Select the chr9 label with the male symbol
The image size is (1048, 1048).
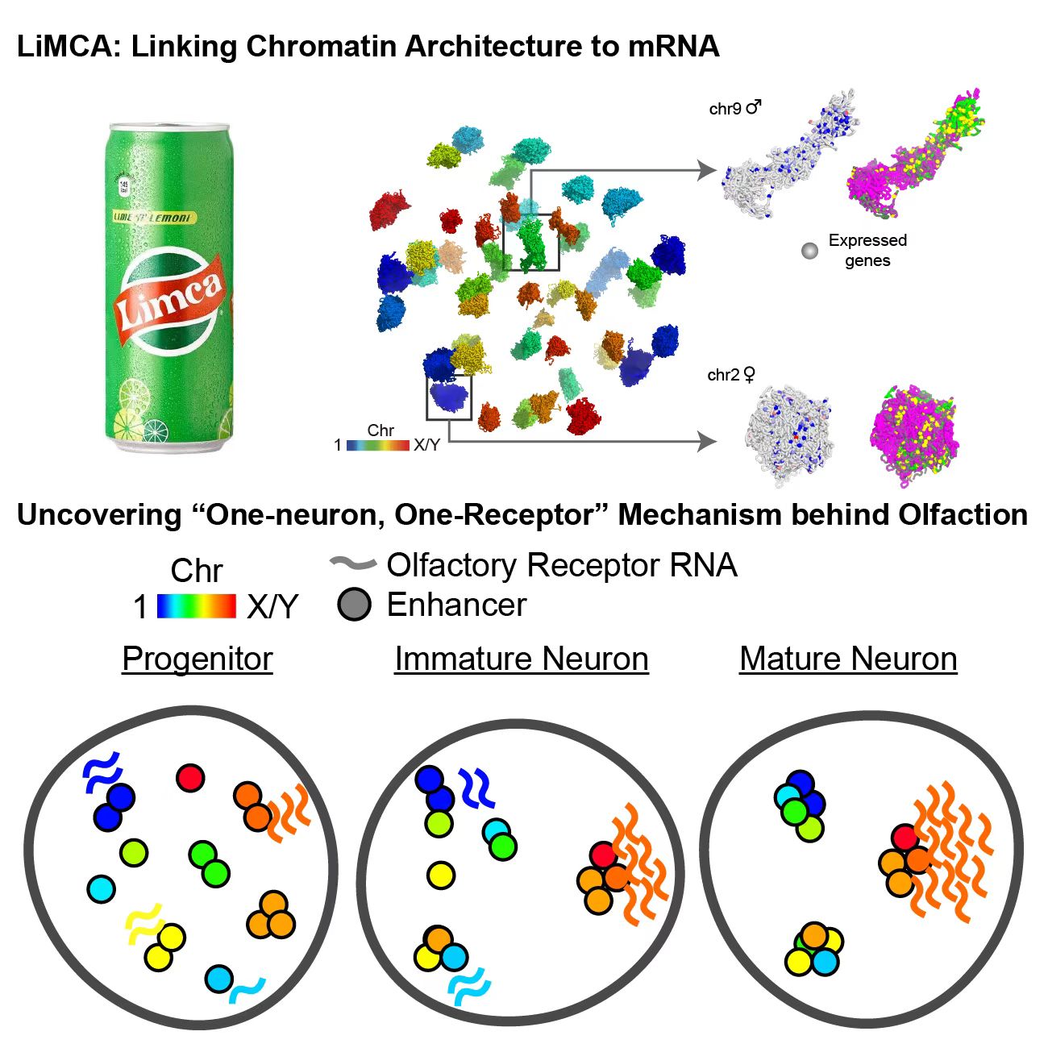(x=734, y=108)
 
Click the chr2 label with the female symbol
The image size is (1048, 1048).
(x=732, y=375)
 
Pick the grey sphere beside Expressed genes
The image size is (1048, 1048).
(x=809, y=251)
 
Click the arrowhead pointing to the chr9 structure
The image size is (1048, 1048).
(x=707, y=170)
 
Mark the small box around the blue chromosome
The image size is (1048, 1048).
(x=448, y=397)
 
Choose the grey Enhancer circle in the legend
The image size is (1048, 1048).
(x=355, y=605)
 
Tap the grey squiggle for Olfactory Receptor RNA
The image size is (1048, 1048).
(x=353, y=564)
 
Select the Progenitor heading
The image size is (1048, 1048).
(x=198, y=659)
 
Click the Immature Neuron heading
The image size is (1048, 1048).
(x=521, y=659)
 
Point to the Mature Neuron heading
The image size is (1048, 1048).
(x=848, y=659)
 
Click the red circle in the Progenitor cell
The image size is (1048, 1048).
(x=190, y=778)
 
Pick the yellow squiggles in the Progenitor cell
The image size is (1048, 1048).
(x=143, y=924)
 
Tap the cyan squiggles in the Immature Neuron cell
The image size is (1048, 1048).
(x=468, y=988)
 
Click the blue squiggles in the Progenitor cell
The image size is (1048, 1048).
(x=102, y=771)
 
